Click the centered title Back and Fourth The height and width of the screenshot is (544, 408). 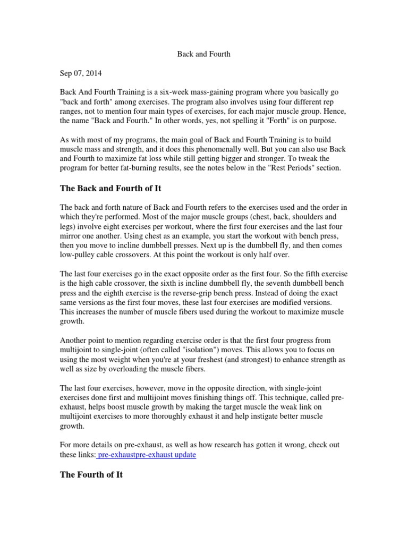[203, 54]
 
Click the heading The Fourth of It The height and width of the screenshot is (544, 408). [91, 474]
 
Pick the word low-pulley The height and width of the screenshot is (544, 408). [79, 255]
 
